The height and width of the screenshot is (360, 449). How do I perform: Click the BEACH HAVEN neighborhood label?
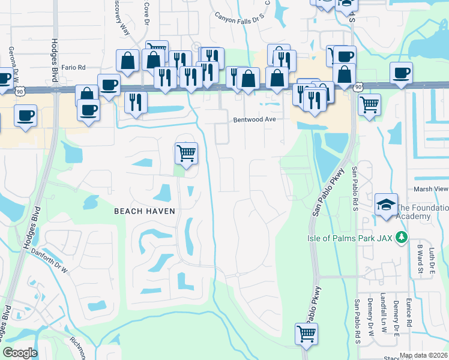pyautogui.click(x=145, y=211)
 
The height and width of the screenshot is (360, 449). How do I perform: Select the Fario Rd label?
pyautogui.click(x=73, y=68)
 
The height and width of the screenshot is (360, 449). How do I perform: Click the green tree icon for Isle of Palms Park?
pyautogui.click(x=402, y=238)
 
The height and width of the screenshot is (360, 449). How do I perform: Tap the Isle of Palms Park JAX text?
pyautogui.click(x=358, y=238)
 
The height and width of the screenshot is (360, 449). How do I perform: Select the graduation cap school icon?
pyautogui.click(x=385, y=205)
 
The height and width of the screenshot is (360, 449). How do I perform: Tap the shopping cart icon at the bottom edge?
pyautogui.click(x=306, y=333)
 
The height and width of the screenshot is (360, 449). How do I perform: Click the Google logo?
pyautogui.click(x=20, y=353)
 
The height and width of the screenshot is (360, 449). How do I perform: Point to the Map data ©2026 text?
pyautogui.click(x=423, y=355)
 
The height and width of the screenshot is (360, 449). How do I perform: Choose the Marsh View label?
pyautogui.click(x=431, y=189)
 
